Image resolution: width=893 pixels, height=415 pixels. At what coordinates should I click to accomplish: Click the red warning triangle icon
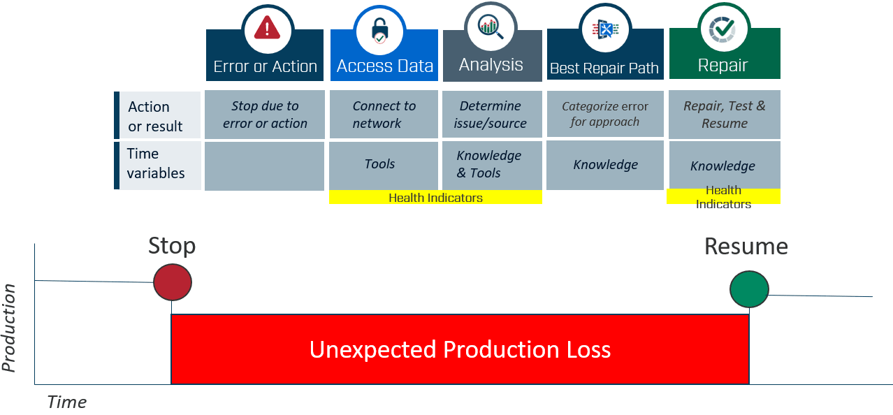267,28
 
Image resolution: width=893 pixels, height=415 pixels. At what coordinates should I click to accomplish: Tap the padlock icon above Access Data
379,30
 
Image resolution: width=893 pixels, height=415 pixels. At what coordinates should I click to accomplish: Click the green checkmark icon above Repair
723,29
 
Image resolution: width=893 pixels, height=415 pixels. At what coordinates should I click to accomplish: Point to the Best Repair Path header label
604,68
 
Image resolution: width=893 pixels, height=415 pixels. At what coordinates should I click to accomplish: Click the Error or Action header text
265,66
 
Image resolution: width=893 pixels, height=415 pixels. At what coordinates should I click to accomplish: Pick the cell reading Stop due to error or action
265,115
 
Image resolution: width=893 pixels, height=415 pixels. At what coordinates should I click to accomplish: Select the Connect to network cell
384,115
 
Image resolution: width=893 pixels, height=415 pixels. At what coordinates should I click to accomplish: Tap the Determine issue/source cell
492,115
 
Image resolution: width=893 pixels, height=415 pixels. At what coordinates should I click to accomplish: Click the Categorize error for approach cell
605,114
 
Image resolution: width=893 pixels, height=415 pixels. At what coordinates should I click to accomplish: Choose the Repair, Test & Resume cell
725,115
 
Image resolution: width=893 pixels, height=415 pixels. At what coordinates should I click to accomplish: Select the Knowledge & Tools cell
492,165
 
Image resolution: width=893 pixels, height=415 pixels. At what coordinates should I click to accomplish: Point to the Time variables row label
156,163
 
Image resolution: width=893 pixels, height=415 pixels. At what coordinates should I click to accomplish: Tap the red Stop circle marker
173,282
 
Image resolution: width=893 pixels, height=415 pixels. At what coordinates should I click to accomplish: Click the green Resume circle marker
749,289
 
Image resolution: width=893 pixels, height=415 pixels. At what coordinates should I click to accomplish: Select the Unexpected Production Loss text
460,349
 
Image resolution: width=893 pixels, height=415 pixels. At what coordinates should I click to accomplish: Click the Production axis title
9,328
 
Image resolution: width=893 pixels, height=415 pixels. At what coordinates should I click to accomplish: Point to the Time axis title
66,402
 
